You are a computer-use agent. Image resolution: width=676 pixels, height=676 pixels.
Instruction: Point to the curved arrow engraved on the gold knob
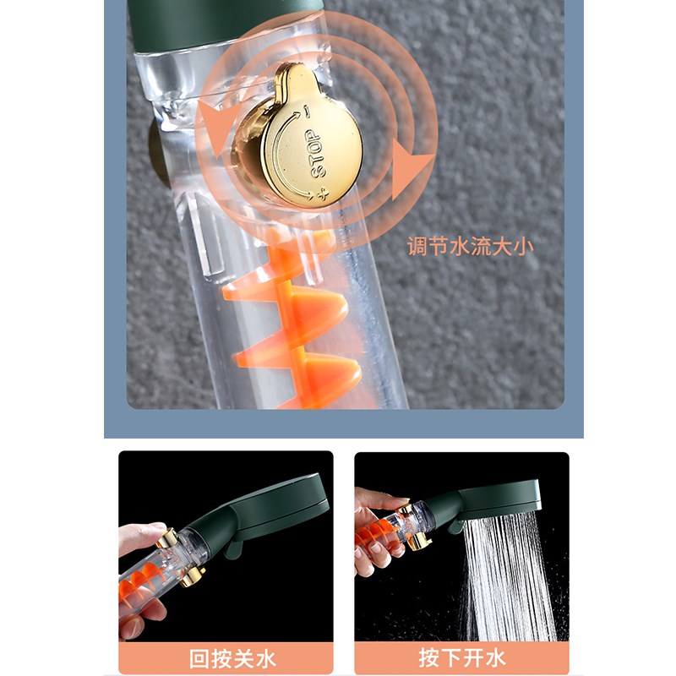point(281,156)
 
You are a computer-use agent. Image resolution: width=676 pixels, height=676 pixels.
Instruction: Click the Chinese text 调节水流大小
point(469,247)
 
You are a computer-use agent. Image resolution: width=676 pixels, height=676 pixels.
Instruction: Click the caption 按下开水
point(461,657)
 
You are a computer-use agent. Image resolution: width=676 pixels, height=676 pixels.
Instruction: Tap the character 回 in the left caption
point(199,657)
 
